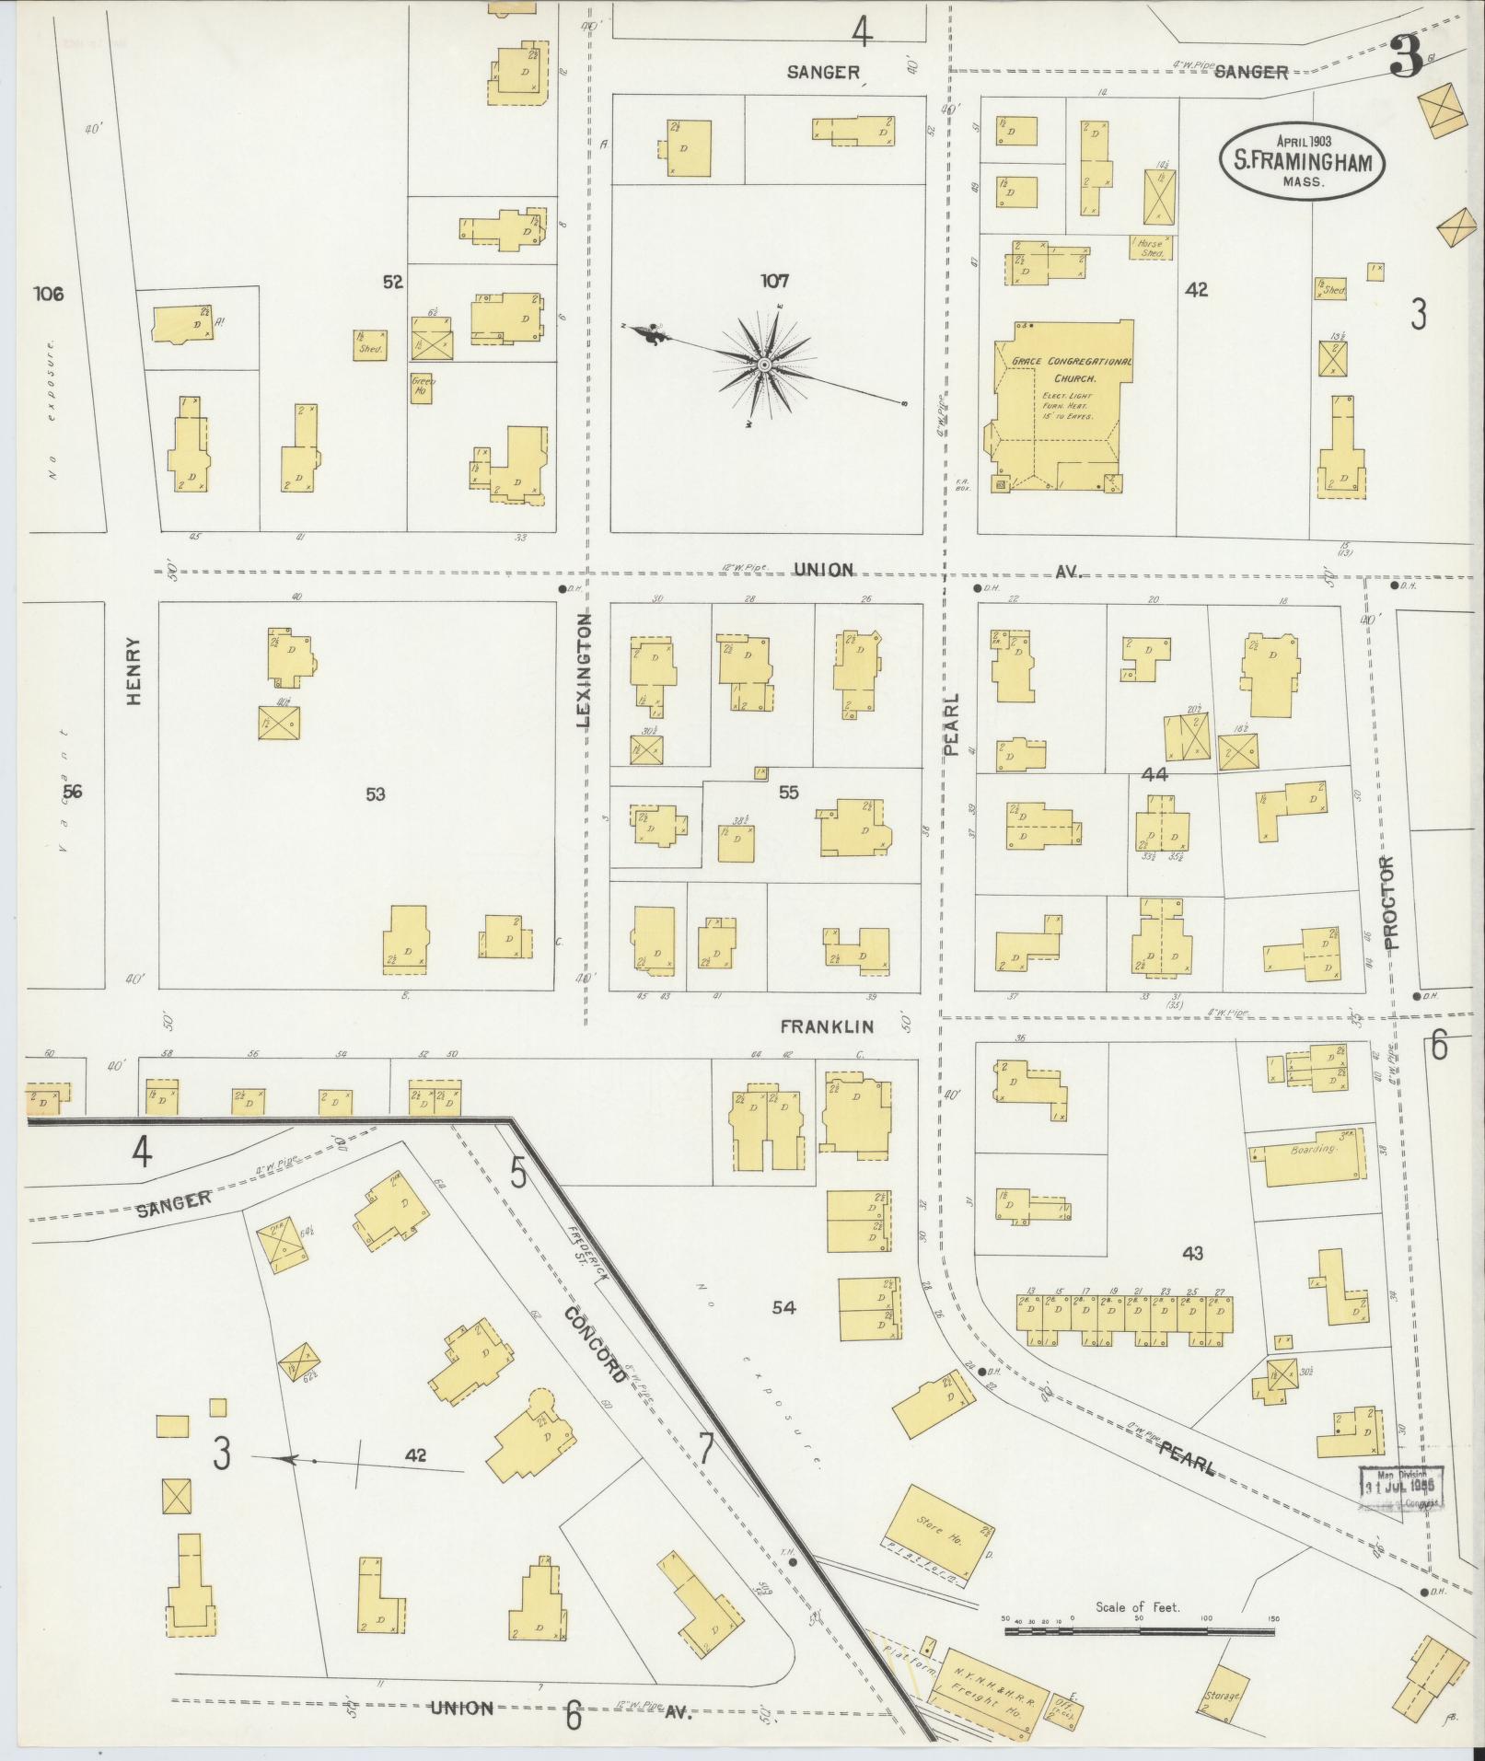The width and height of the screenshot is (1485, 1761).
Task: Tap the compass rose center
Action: click(763, 366)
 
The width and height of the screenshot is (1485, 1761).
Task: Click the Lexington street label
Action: click(583, 671)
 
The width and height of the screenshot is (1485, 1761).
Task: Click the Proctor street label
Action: click(1389, 902)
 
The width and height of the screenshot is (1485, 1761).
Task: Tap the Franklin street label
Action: click(827, 1025)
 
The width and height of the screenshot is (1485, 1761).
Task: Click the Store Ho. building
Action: click(939, 1534)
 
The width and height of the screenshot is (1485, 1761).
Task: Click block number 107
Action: click(774, 282)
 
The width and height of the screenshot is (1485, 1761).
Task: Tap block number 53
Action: click(375, 794)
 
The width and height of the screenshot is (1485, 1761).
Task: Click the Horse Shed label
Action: click(1151, 248)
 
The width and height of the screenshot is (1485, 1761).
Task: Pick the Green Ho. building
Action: click(423, 388)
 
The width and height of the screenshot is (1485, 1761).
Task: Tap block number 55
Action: click(788, 792)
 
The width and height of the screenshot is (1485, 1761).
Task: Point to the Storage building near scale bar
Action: click(1225, 1692)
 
